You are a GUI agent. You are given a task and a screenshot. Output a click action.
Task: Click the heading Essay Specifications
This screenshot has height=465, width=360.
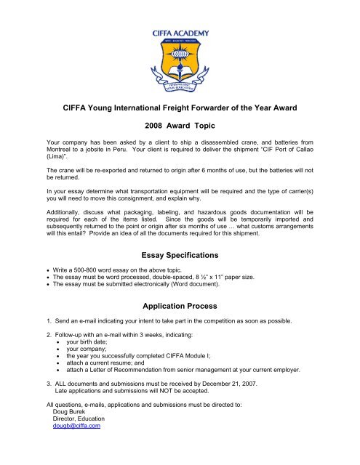point(179,255)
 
